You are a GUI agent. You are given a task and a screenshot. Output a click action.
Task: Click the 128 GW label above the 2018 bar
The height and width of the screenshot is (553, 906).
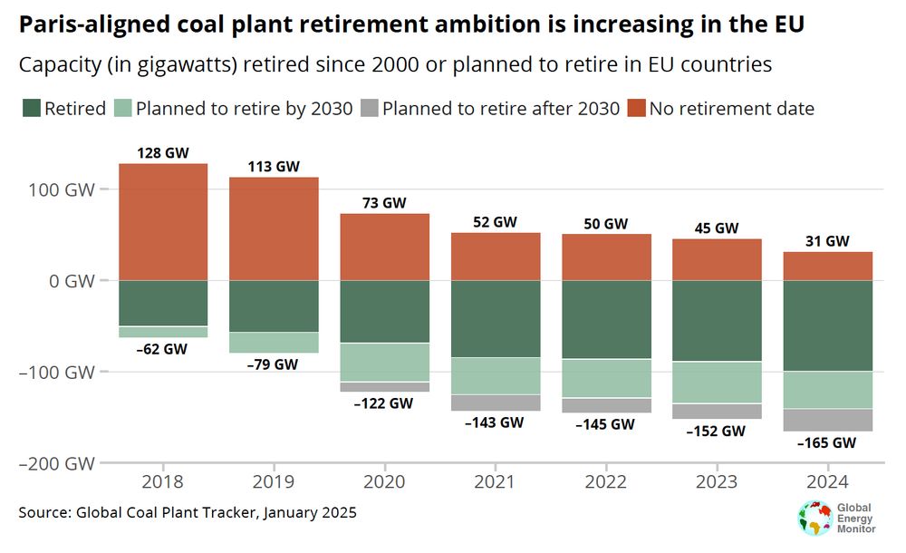[163, 153]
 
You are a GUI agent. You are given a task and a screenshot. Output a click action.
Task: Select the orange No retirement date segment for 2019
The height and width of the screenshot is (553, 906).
[274, 228]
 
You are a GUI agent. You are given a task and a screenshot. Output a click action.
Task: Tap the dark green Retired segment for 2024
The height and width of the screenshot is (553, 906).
[827, 325]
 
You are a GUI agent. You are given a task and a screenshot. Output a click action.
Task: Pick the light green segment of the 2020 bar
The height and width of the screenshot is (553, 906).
[384, 362]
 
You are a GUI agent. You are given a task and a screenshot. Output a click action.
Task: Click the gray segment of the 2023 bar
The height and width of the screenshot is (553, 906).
[717, 411]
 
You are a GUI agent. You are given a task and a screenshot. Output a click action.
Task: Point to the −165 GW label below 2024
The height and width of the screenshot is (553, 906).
[827, 443]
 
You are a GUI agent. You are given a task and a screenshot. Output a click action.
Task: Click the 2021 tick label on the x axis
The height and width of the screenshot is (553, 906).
[495, 481]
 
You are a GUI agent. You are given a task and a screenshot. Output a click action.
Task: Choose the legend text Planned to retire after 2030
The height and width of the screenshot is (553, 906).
[501, 109]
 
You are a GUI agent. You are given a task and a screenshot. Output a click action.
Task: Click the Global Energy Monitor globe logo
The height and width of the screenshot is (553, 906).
[814, 517]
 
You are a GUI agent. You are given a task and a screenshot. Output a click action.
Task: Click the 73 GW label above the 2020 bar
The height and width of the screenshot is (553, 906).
[384, 203]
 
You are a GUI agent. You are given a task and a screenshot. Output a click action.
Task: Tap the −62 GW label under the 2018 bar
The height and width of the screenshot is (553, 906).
[163, 349]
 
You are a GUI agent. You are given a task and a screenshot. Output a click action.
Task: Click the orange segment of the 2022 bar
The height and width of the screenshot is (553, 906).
[606, 257]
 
